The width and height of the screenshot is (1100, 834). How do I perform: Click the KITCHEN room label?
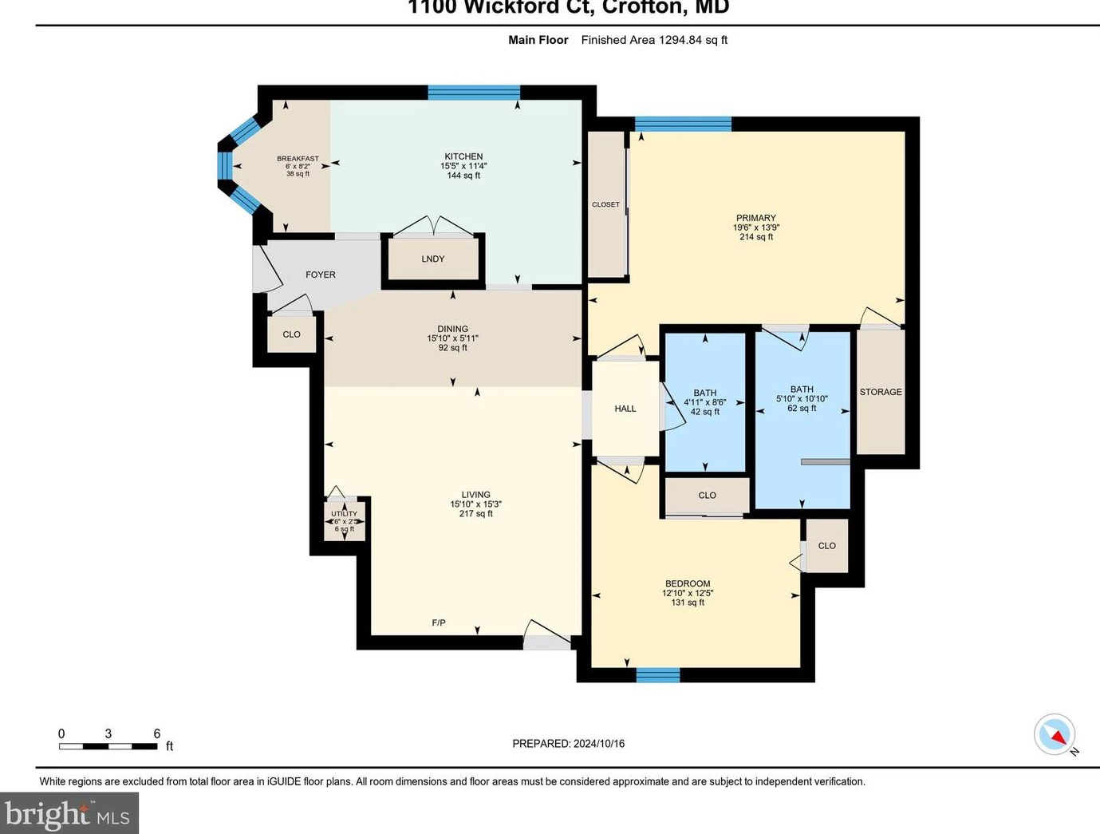(x=463, y=156)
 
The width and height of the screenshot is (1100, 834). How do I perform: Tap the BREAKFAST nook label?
(x=298, y=159)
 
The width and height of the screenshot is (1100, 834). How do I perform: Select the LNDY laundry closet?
(x=433, y=259)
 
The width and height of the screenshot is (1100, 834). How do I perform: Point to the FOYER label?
(x=321, y=275)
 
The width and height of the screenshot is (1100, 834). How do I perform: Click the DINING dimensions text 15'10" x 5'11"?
(x=452, y=338)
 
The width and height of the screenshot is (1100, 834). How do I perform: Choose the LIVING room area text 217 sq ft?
(x=475, y=514)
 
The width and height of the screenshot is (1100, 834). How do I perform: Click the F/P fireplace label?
(x=439, y=623)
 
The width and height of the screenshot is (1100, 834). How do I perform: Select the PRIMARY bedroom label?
(x=755, y=218)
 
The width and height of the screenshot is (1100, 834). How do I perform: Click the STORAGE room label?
(x=881, y=392)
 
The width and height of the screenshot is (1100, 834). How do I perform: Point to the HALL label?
(x=625, y=409)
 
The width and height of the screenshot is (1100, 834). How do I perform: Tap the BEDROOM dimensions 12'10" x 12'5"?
(x=688, y=593)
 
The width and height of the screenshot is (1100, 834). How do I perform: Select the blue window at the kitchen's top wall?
(x=474, y=92)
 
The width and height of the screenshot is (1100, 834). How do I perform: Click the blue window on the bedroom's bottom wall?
(x=658, y=675)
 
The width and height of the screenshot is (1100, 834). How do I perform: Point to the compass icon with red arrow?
(x=1055, y=734)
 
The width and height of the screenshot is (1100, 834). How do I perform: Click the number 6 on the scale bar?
(x=157, y=733)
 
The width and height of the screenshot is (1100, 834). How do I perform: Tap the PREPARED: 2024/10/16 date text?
(x=568, y=743)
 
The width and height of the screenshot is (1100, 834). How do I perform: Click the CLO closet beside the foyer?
(x=292, y=334)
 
